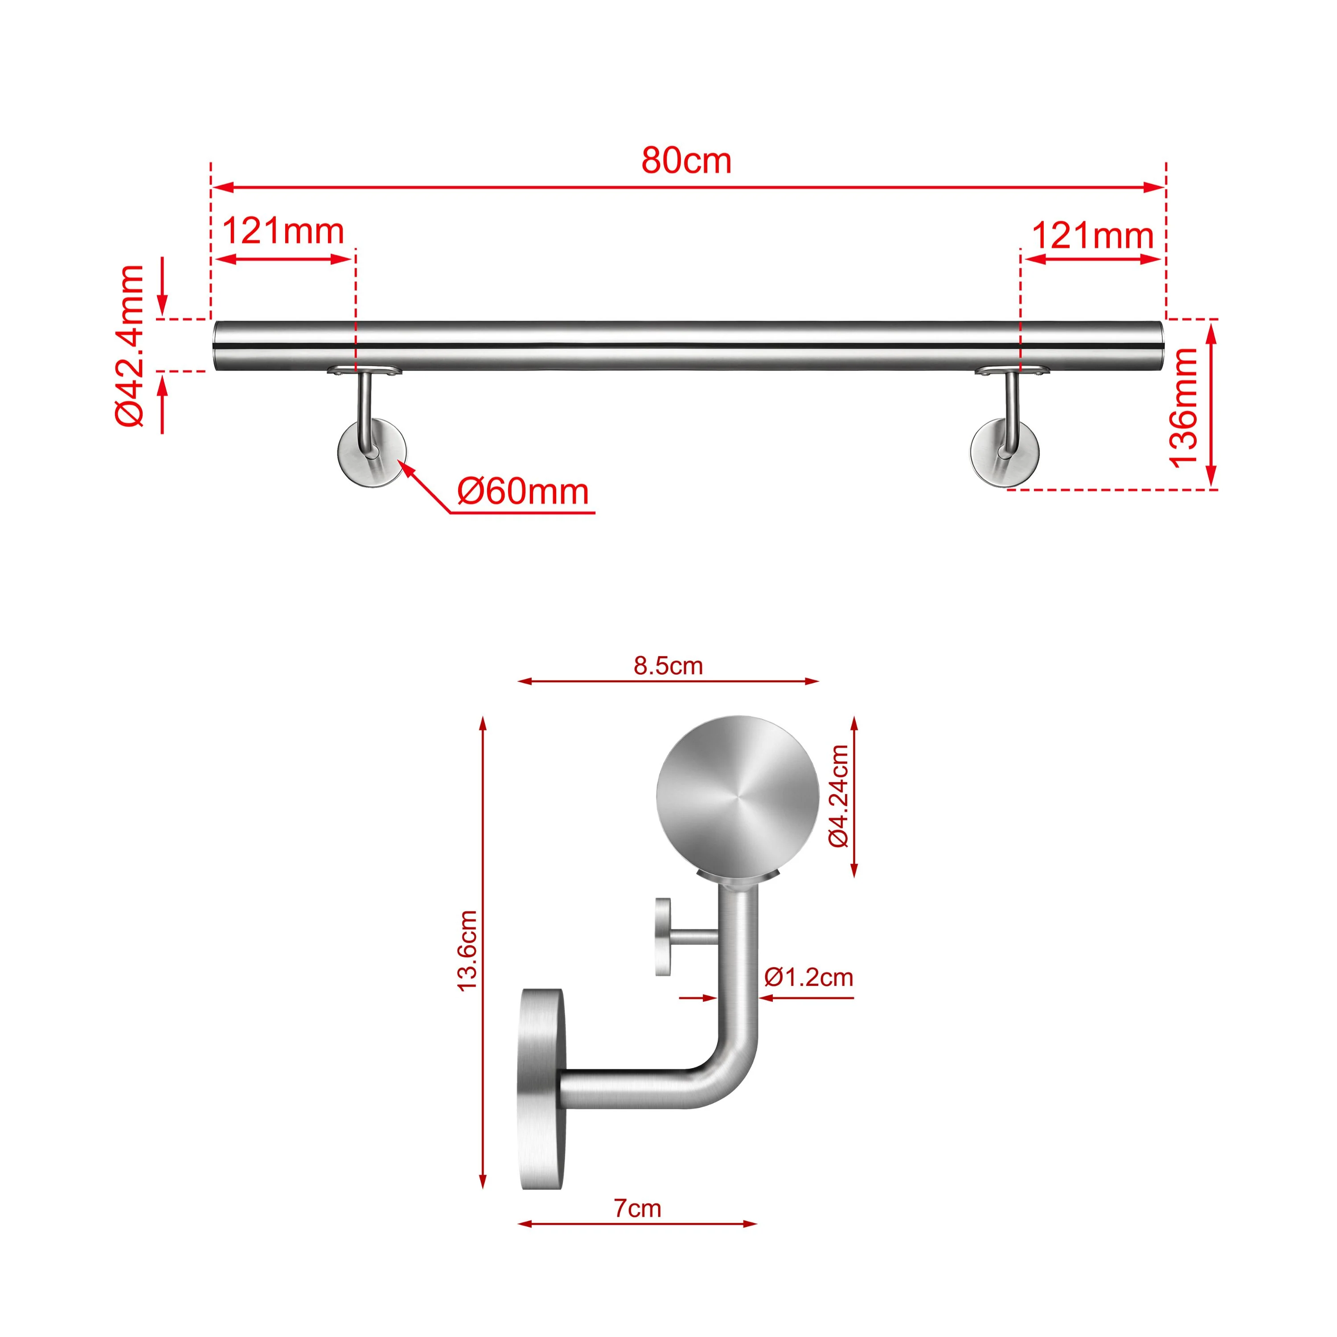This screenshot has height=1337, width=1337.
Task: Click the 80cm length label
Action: pyautogui.click(x=686, y=160)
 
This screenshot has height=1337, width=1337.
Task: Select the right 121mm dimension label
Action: pyautogui.click(x=1092, y=236)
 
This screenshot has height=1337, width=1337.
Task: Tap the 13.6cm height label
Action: pyautogui.click(x=468, y=951)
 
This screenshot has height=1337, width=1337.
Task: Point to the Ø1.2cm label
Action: pyautogui.click(x=808, y=977)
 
